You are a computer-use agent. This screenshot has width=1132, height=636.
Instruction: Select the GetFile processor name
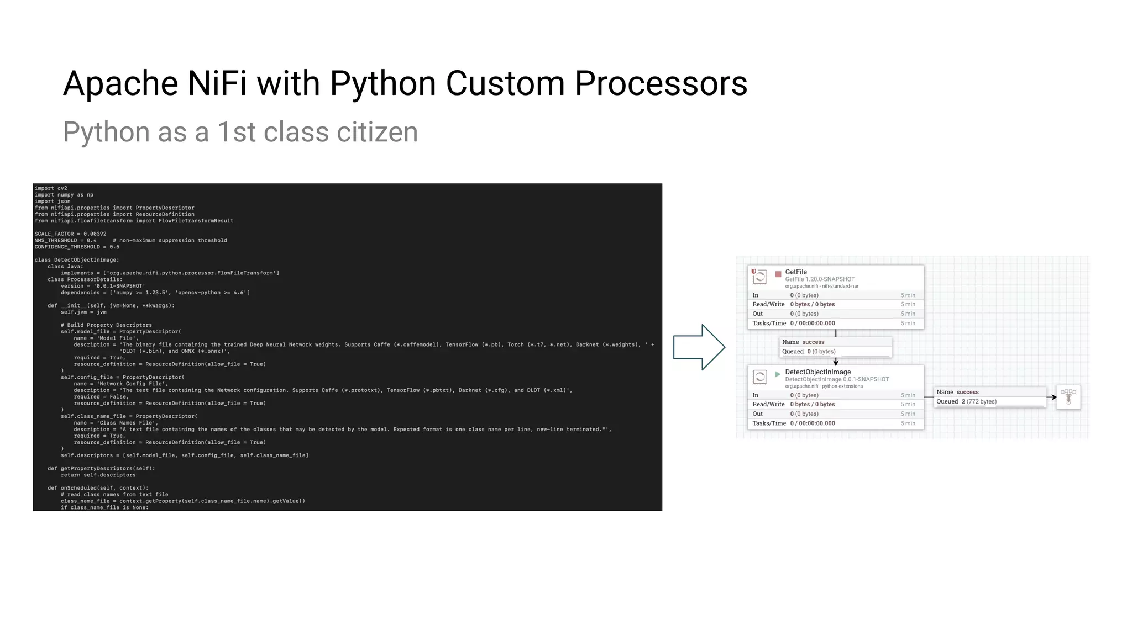(796, 272)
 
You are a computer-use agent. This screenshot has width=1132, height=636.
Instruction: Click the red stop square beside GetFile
(778, 274)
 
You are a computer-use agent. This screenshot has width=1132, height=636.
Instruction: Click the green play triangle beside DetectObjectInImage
(778, 374)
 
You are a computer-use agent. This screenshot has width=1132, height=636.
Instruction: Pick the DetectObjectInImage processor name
(817, 372)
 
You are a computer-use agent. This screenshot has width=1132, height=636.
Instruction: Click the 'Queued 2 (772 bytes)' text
(966, 401)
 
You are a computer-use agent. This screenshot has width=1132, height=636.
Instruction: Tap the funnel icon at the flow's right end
(1068, 397)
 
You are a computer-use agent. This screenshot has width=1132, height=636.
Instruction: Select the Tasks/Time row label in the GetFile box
(769, 324)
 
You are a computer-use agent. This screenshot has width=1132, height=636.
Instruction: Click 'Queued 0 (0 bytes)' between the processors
(809, 352)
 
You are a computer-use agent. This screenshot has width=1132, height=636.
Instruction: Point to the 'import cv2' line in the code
(51, 188)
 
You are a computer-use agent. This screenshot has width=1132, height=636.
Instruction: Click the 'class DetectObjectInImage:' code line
(77, 260)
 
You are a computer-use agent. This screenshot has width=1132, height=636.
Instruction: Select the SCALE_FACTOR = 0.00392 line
(70, 234)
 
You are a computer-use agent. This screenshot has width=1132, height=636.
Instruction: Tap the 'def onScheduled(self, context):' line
(98, 488)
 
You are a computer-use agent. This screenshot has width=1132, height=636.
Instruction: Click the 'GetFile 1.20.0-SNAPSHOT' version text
(820, 279)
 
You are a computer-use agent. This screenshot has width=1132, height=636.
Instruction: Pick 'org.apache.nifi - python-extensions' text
(824, 386)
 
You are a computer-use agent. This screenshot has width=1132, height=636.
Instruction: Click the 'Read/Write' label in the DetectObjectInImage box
(768, 405)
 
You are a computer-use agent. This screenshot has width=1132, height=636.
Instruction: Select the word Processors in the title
(661, 84)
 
